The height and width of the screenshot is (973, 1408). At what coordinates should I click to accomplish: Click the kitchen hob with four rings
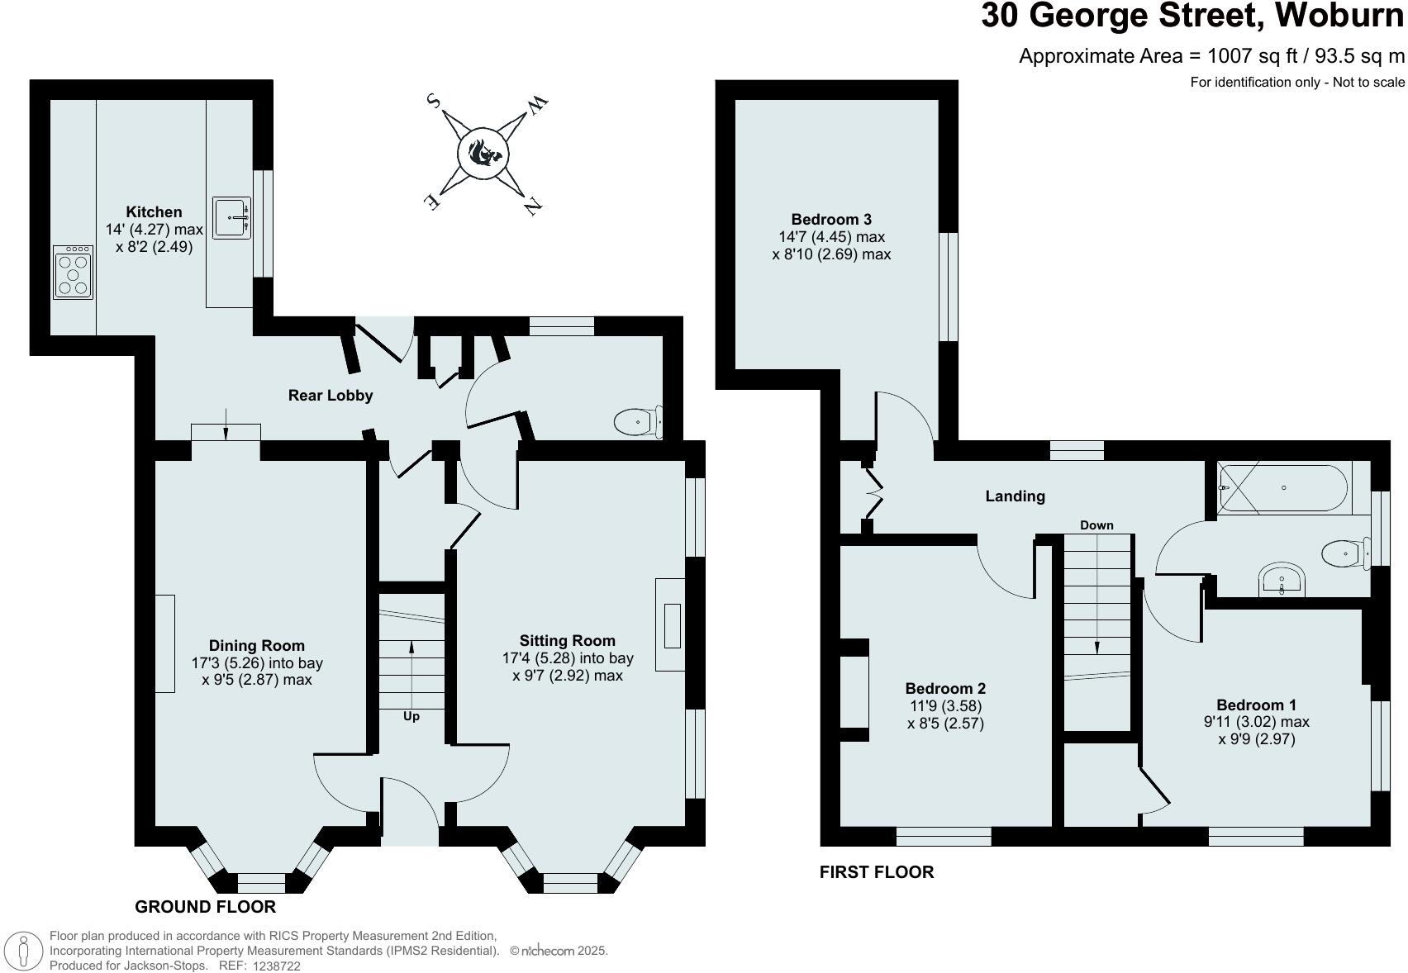point(73,273)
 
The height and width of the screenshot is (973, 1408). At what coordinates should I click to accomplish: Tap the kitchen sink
point(231,217)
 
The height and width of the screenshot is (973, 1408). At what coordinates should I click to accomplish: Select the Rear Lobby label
point(330,396)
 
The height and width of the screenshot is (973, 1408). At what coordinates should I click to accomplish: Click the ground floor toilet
point(637,422)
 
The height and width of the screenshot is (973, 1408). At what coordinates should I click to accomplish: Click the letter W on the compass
point(537,105)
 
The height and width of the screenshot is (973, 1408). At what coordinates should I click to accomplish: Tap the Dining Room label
point(256,646)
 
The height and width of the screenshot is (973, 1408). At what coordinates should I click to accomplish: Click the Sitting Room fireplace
point(672,625)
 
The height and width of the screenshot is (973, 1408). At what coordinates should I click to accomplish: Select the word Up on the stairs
point(411,716)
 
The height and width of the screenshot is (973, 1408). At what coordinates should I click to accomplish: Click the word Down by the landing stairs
point(1096,525)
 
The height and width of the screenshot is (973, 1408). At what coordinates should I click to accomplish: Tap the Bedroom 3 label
point(830,220)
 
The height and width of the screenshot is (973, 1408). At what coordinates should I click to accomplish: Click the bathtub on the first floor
point(1283,488)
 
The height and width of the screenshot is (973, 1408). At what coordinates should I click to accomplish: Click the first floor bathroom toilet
point(1344,553)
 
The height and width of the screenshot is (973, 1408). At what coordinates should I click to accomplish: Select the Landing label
point(1015,496)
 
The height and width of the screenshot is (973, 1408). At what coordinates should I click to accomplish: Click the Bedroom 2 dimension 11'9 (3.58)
point(945,706)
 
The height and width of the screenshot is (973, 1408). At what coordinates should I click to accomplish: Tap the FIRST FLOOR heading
point(876,872)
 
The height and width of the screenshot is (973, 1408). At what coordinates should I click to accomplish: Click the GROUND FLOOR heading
point(205,907)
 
